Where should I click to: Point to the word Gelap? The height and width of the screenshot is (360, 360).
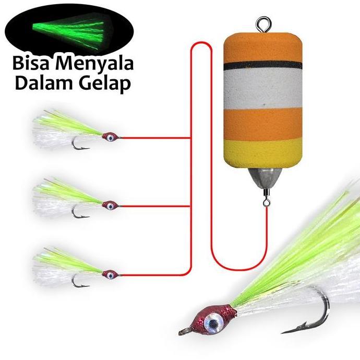pos(104,85)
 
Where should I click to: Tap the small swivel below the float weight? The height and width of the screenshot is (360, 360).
pos(265,199)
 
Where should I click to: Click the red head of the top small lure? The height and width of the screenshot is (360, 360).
pos(109,137)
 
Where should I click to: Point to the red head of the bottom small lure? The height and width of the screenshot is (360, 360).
pos(110,273)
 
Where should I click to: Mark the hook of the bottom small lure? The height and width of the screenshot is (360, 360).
pos(78,282)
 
